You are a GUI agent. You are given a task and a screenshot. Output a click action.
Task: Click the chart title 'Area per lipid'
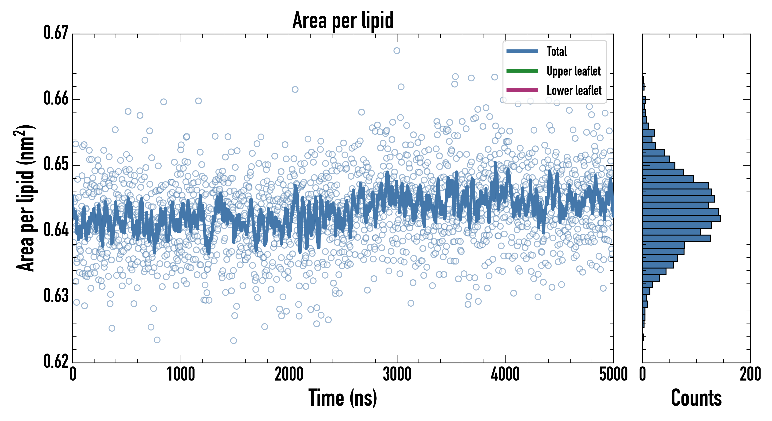343,20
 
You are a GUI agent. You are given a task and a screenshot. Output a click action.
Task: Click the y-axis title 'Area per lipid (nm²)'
25,198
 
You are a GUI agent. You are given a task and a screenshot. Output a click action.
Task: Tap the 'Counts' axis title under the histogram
696,398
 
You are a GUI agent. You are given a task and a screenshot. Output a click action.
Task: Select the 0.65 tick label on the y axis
56,164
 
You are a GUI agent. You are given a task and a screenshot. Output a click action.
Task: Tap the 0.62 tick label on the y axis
56,361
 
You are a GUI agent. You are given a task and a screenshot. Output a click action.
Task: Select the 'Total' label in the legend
557,51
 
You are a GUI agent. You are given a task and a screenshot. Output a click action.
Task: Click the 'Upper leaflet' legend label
574,71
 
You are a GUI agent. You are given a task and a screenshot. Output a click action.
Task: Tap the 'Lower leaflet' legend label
574,91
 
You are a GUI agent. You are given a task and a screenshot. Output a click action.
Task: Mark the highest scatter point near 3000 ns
397,51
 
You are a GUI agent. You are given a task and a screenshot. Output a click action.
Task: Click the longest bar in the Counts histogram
681,218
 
